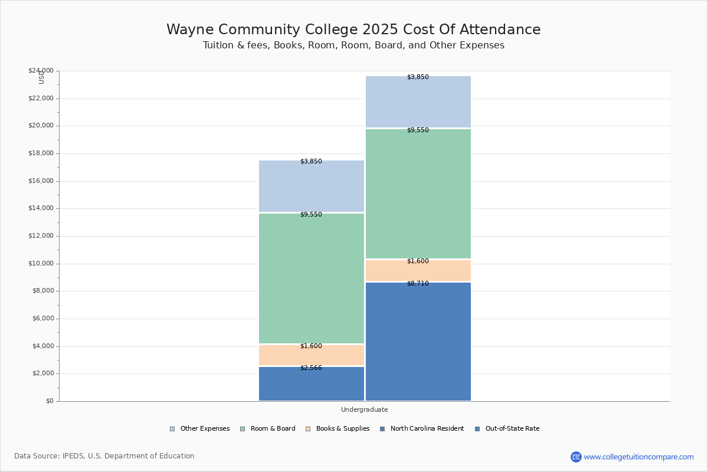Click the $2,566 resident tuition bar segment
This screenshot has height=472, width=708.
(312, 384)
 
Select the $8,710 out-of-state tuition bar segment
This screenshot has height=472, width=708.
(418, 342)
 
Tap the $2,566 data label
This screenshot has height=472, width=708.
(311, 368)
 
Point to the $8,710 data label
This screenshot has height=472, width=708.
(418, 284)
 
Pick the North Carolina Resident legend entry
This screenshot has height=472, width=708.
(422, 429)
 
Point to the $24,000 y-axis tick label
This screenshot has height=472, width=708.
(41, 71)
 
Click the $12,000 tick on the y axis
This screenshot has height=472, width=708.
(41, 236)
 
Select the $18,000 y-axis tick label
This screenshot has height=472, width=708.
(41, 153)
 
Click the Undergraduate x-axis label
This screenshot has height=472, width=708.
(365, 409)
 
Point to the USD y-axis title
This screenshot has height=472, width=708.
(41, 77)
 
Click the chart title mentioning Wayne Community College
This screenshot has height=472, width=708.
(353, 30)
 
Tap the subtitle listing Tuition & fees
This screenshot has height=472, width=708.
(353, 45)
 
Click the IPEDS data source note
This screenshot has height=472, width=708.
(104, 456)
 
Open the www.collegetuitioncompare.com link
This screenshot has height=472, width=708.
(638, 457)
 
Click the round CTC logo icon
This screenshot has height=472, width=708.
(576, 457)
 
